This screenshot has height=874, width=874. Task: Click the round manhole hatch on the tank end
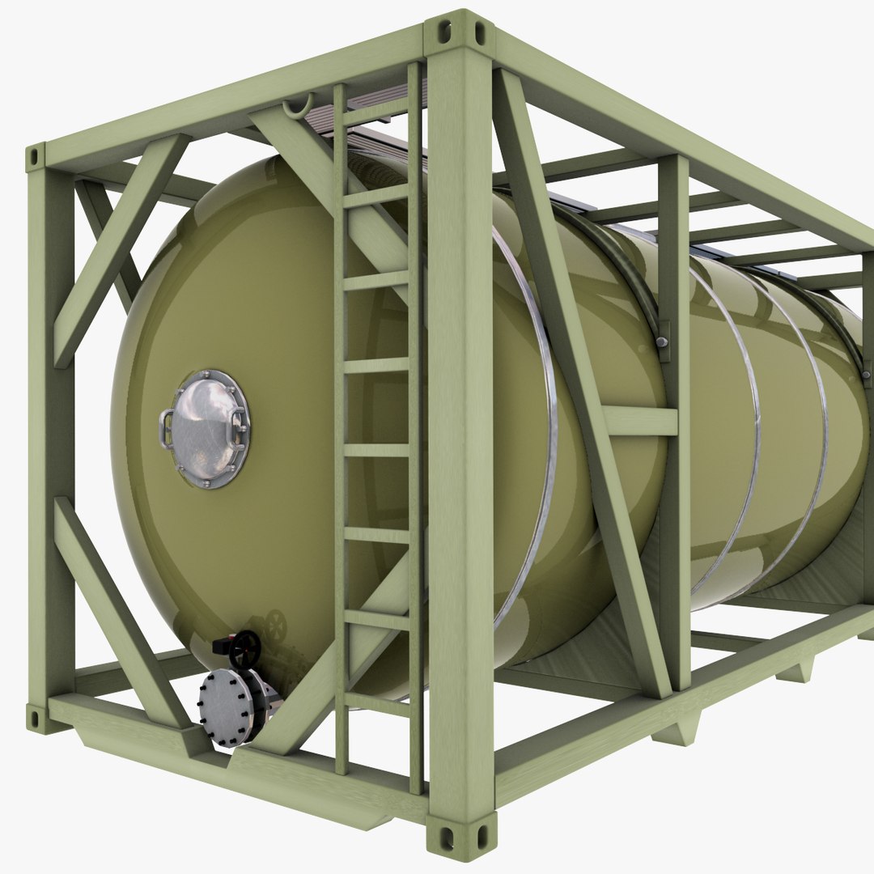tap(207, 429)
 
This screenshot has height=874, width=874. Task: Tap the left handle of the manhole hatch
tap(167, 429)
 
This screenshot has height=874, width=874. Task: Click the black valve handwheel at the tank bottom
tap(244, 648)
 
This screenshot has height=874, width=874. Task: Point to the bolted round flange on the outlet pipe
tap(227, 704)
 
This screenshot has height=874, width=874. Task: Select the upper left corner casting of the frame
tap(36, 157)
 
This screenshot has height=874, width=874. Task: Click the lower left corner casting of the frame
tap(37, 717)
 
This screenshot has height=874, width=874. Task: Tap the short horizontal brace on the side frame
tap(639, 421)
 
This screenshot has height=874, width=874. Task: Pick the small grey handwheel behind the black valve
tap(276, 623)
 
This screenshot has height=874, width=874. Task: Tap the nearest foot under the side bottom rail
tap(676, 732)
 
